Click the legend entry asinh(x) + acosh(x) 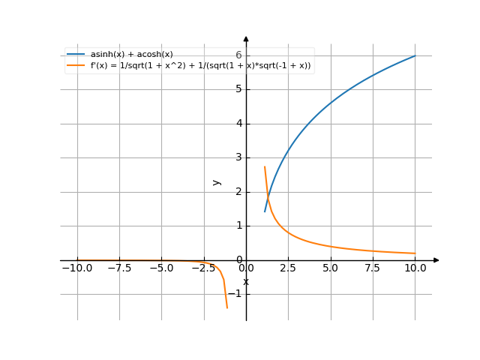tap(131, 54)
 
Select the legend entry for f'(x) tap(200, 66)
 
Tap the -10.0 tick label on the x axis tap(76, 268)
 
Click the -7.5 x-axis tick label tap(119, 268)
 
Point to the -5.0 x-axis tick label tap(161, 268)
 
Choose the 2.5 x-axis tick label tap(289, 268)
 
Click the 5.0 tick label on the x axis tap(331, 268)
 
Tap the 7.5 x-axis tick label tap(373, 268)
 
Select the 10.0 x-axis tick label tap(415, 268)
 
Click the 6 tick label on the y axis tap(238, 55)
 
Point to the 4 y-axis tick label tap(238, 124)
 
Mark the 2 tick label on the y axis tap(238, 192)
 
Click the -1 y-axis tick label tap(235, 294)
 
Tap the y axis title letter tap(217, 181)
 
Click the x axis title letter tap(246, 282)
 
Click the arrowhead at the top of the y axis tap(246, 39)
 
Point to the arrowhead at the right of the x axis tap(436, 260)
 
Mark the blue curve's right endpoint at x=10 tap(415, 56)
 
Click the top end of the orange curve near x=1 tap(264, 166)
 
